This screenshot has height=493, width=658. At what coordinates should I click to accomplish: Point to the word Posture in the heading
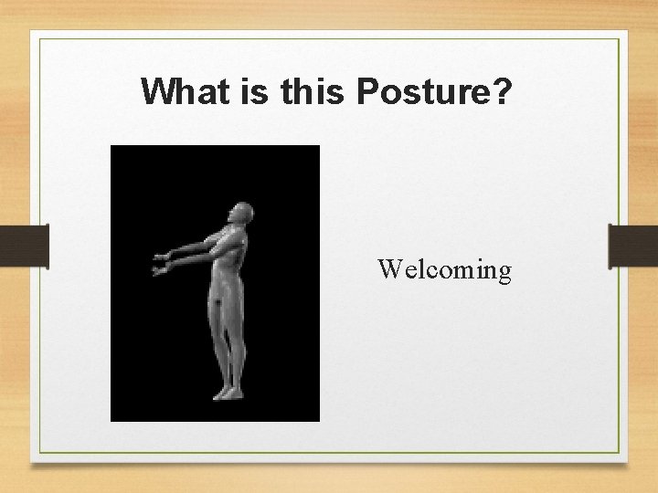click(x=422, y=91)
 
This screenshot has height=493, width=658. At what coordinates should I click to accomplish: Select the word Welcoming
click(x=444, y=270)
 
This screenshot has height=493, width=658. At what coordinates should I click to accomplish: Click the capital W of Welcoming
click(x=387, y=269)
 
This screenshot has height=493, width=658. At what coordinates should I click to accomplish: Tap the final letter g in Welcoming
click(x=504, y=273)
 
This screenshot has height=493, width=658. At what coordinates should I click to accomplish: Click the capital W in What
click(x=158, y=91)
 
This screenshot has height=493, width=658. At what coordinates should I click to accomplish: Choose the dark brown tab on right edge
click(x=633, y=246)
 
